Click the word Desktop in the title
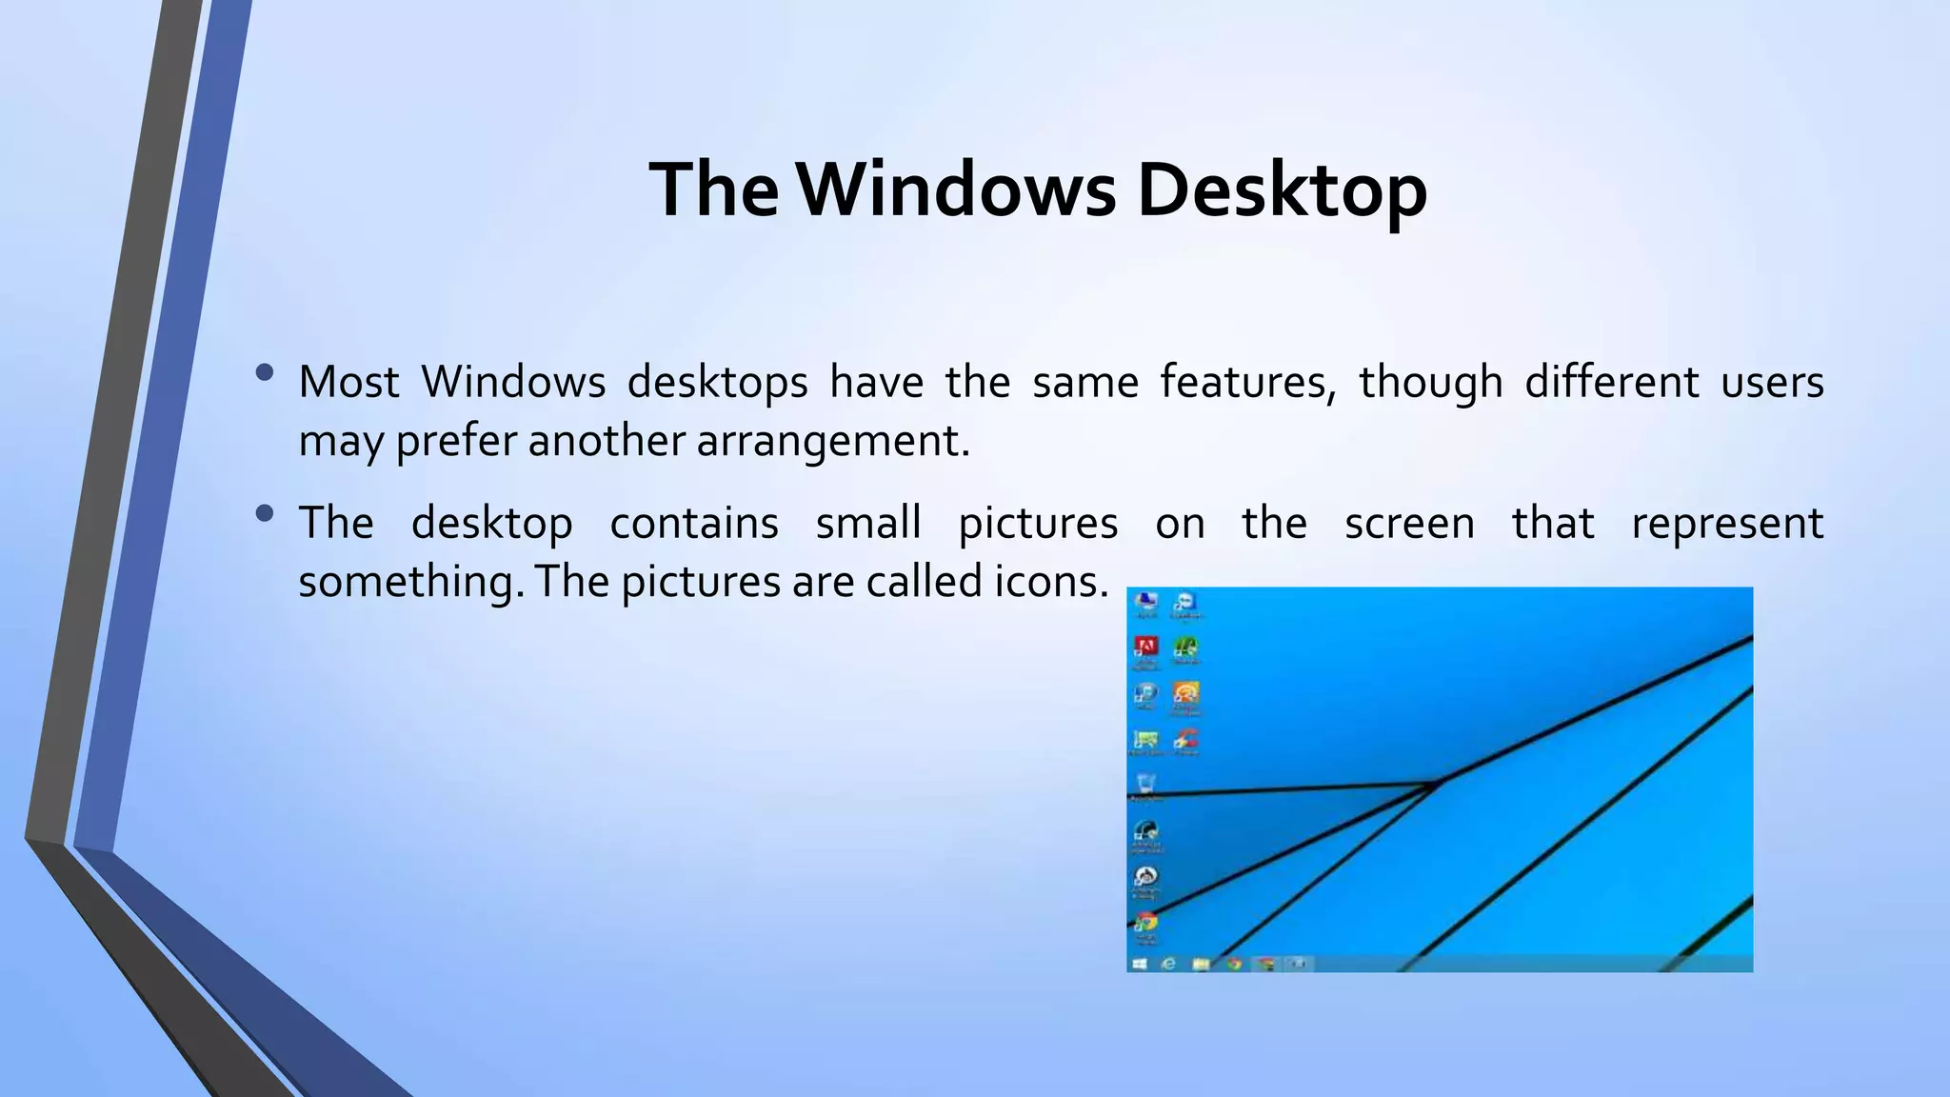1282,190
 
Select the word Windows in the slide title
955,190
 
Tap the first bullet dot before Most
265,372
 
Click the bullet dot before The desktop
265,514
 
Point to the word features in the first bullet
1247,382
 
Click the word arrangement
832,441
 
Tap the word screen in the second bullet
1409,523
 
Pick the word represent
1727,523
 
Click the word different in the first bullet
1611,382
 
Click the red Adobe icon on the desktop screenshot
1146,648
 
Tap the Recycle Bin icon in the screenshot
1146,784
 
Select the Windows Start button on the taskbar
1139,964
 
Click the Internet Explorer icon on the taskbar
1168,964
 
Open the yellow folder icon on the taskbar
1202,964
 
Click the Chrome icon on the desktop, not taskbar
1146,923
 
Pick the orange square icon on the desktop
1185,693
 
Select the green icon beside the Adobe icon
1185,648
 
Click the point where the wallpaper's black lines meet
1438,784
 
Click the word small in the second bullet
868,523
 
